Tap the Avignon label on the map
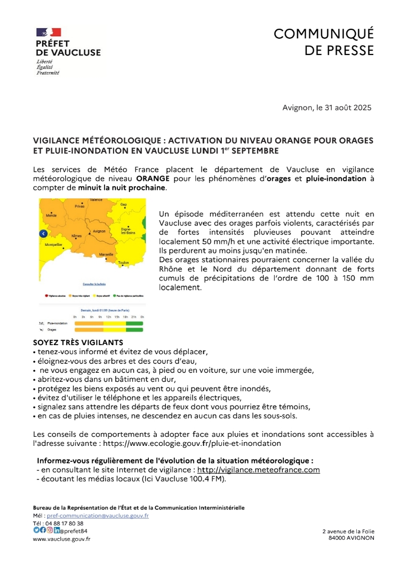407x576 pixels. pyautogui.click(x=99, y=231)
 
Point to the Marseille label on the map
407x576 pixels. pyautogui.click(x=106, y=255)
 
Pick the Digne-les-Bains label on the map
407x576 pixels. pyautogui.click(x=127, y=231)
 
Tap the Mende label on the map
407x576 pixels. pyautogui.click(x=51, y=215)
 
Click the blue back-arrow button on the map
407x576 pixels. pyautogui.click(x=44, y=233)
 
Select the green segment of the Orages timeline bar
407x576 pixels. pyautogui.click(x=134, y=330)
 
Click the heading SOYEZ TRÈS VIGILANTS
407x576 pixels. pyautogui.click(x=78, y=342)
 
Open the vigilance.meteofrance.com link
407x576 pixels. pyautogui.click(x=259, y=470)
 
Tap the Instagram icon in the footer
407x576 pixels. pyautogui.click(x=50, y=530)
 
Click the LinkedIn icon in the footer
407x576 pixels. pyautogui.click(x=57, y=530)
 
